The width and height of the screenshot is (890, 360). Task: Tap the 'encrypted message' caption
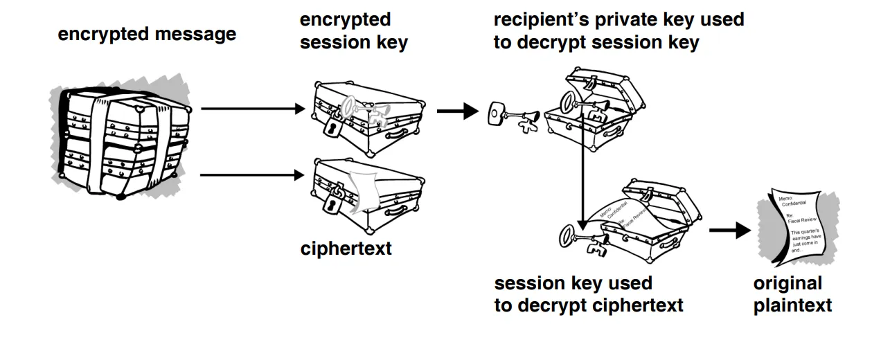pos(147,34)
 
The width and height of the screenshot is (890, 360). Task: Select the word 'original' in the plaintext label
pos(787,283)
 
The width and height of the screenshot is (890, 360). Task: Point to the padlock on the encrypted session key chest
pos(333,129)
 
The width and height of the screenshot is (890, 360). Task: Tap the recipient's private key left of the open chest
pos(513,116)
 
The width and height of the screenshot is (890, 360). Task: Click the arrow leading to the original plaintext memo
pos(729,231)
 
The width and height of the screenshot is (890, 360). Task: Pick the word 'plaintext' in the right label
pos(792,305)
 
